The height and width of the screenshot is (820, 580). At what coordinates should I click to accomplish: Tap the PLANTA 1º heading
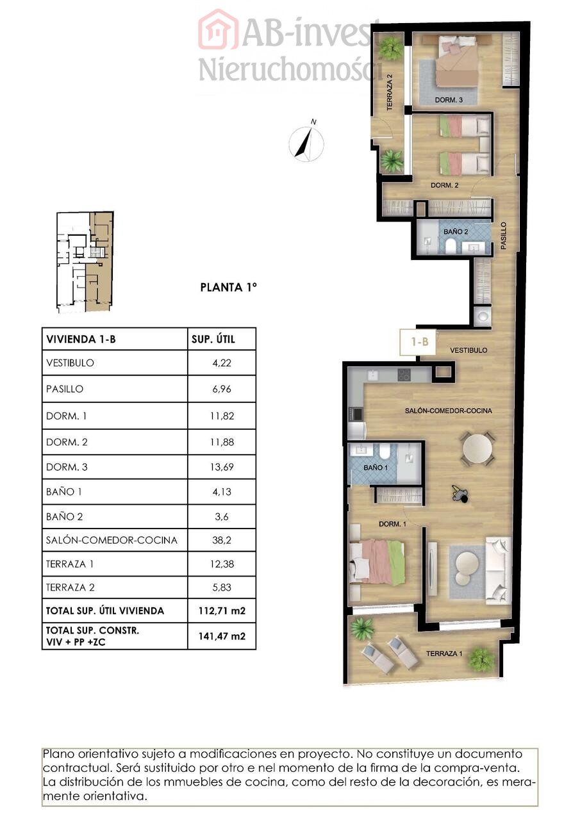(x=229, y=288)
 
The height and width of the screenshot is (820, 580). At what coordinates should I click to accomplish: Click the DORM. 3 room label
(x=449, y=100)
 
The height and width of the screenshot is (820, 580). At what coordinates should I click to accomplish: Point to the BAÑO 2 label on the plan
(x=456, y=232)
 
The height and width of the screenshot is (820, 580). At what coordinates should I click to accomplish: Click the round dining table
(x=477, y=448)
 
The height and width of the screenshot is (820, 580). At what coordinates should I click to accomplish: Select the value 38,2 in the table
(x=222, y=540)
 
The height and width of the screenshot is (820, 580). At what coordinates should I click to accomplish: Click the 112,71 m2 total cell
(x=222, y=611)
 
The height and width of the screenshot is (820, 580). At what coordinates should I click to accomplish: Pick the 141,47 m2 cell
(x=222, y=636)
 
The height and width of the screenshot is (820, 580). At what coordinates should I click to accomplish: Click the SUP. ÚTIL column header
(x=213, y=340)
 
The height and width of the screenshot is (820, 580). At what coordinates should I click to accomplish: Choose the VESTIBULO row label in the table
(x=70, y=363)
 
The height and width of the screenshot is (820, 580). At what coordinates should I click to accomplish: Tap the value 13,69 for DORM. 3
(x=222, y=467)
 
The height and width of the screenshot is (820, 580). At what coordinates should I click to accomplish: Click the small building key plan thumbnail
(x=85, y=262)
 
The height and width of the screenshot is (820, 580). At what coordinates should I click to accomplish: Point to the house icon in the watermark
(x=219, y=29)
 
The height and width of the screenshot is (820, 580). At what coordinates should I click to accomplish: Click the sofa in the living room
(x=498, y=570)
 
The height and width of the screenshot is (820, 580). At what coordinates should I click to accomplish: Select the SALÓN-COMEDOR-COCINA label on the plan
(x=448, y=411)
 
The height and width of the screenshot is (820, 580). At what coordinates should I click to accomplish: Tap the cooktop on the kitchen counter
(x=404, y=375)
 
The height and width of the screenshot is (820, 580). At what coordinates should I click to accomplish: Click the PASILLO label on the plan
(x=504, y=236)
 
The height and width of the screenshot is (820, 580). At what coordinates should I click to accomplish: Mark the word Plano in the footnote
(x=58, y=754)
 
